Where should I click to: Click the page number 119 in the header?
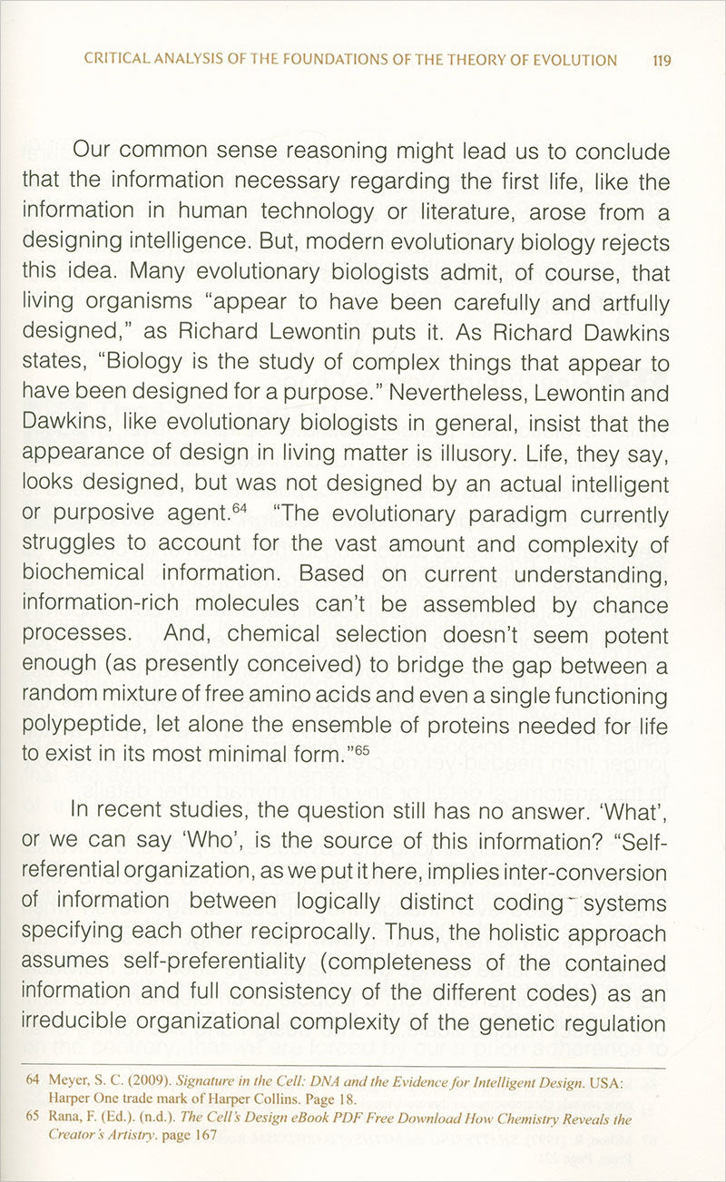click(x=662, y=61)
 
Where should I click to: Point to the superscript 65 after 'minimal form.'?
click(x=362, y=749)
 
